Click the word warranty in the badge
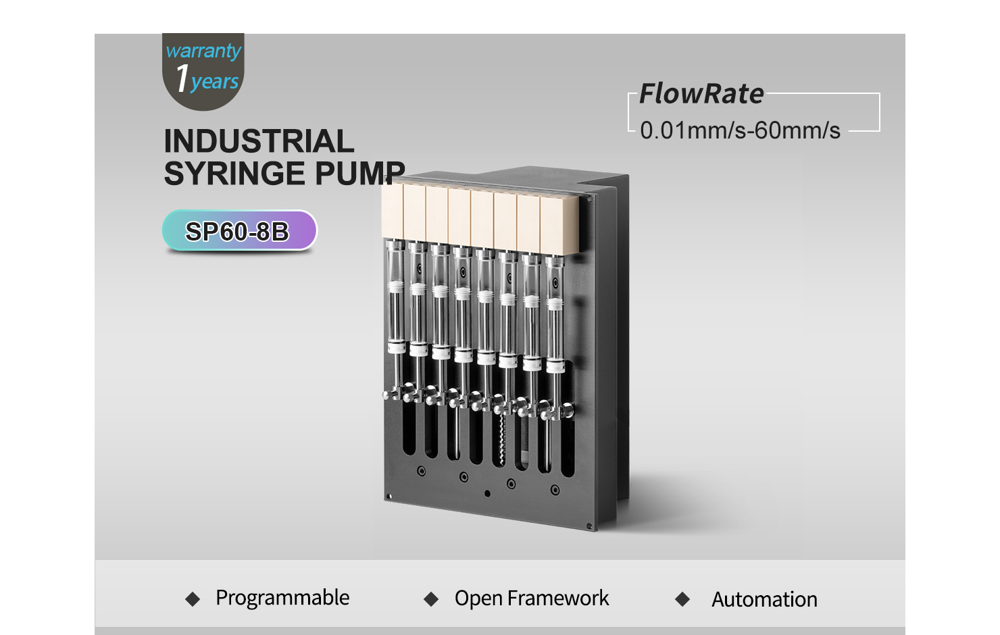pos(203,51)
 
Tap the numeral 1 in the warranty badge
pos(182,78)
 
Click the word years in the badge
pos(215,82)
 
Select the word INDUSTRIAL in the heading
pos(259,141)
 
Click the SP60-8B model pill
pos(239,231)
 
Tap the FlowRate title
pos(701,93)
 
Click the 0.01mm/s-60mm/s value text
pos(740,130)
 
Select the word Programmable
pos(282,598)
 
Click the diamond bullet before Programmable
pos(193,599)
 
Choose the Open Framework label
pos(531,598)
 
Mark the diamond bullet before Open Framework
pos(431,599)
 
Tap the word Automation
pos(764,599)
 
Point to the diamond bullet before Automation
pos(682,599)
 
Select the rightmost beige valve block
pos(559,226)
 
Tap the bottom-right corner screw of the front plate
pos(589,526)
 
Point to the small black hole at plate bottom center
pos(487,494)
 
